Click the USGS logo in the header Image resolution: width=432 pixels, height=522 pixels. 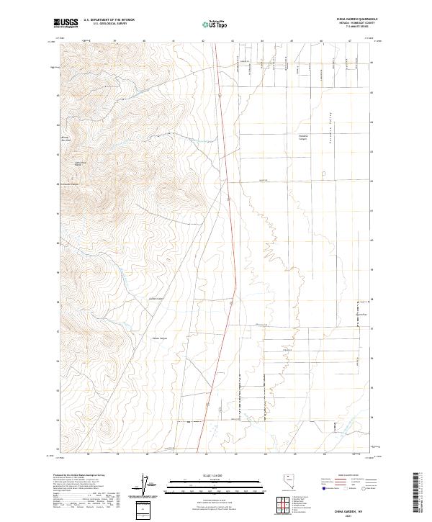66,23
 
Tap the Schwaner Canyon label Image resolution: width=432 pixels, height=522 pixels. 69,184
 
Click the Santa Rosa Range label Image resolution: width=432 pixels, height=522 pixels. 81,164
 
